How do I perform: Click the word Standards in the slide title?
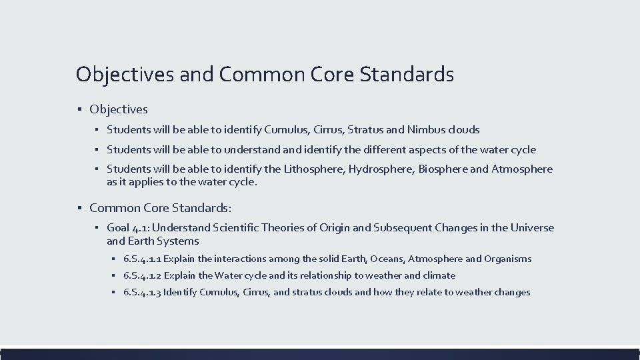point(407,74)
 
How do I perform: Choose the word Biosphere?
point(443,169)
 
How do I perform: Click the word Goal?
point(119,228)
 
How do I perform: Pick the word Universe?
point(532,228)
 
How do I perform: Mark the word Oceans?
point(387,259)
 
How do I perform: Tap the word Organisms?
point(508,259)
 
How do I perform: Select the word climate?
point(440,275)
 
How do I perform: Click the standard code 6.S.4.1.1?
point(142,259)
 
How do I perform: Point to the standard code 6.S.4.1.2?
point(142,275)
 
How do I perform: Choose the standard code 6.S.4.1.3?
point(142,292)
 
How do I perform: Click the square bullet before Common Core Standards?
point(79,208)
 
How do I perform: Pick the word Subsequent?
point(403,228)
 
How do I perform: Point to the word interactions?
point(240,259)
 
